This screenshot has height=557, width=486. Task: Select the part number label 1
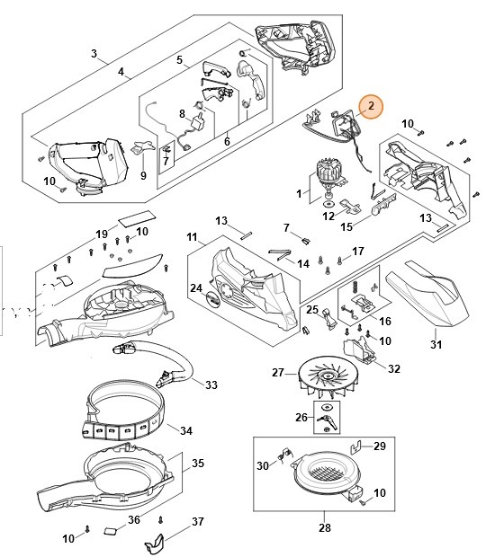coord(300,192)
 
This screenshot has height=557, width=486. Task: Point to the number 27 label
coord(278,372)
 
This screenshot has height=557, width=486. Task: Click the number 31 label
coord(436,345)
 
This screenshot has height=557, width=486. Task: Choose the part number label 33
coord(211,385)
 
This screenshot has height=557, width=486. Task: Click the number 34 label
coord(185,430)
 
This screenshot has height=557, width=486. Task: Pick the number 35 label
coord(198,464)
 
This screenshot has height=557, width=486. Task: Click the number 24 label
coord(195,287)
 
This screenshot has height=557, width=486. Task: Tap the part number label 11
coord(192,236)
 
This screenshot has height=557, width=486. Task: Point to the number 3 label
coord(94,53)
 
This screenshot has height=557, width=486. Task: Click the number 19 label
coord(102,234)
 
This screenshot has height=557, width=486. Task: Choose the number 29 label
coord(379,446)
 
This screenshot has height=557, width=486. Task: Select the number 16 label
coord(385,320)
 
